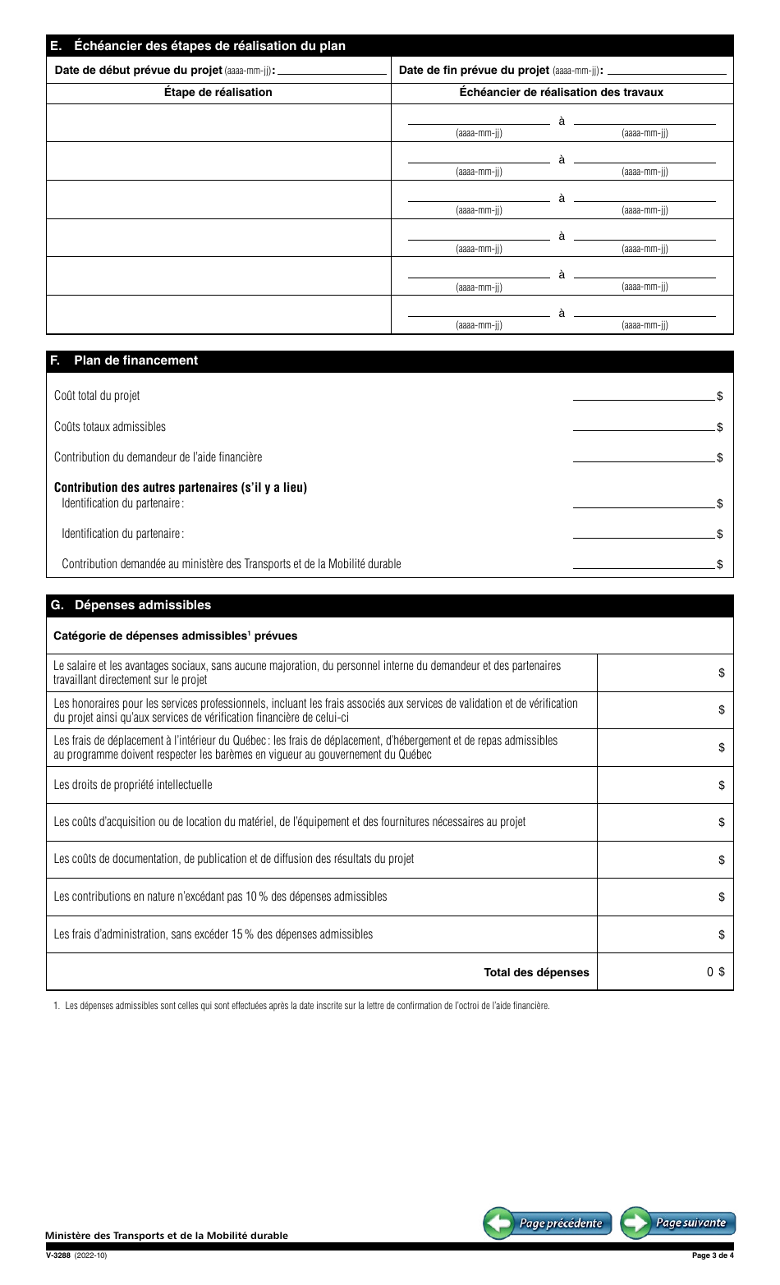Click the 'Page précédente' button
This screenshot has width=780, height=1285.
point(547,1223)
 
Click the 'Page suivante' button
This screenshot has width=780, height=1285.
point(678,1223)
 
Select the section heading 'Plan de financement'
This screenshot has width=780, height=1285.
point(135,360)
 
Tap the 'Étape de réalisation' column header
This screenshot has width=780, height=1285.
point(218,93)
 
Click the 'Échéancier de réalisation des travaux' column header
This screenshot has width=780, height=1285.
point(561,93)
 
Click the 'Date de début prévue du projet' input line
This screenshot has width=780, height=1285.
point(332,70)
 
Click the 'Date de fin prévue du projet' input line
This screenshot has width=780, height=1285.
point(667,70)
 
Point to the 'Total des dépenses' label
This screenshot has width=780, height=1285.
point(536,972)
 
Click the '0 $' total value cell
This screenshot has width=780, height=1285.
point(665,972)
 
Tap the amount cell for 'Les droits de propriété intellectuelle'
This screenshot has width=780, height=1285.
point(665,785)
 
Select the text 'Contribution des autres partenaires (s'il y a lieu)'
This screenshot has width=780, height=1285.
point(180,488)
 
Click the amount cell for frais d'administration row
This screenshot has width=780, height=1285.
point(665,934)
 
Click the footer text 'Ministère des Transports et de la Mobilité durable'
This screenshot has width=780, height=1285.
point(167,1236)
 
